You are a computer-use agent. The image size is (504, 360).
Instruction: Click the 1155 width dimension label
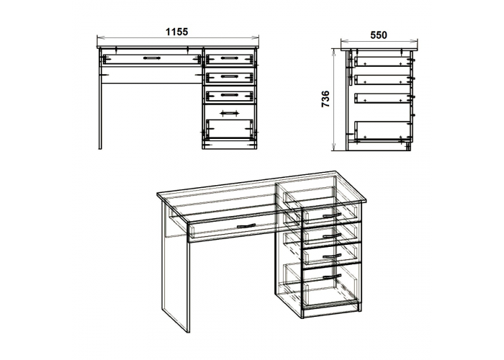pos(176,32)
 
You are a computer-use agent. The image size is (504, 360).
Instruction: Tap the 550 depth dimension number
pos(379,35)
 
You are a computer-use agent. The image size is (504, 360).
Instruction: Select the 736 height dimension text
pos(325,99)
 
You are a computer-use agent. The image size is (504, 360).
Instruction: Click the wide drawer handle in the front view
pos(152,58)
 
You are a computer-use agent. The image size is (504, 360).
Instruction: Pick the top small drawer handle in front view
pos(228,58)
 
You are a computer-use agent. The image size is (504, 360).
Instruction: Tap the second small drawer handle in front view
pos(228,76)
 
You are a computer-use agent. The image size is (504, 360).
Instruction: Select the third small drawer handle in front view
pos(228,94)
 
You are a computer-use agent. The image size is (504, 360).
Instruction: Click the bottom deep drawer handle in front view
pos(228,112)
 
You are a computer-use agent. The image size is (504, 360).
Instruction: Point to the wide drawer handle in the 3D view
pos(246,226)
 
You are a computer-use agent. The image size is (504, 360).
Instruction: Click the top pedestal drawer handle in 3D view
pos(332,215)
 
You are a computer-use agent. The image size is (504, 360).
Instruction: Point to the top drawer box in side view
pos(383,62)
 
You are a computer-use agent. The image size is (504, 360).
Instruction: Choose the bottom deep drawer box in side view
pos(383,130)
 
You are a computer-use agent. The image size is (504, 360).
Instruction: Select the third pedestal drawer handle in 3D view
pos(332,256)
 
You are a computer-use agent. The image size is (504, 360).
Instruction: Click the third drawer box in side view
pos(383,98)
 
